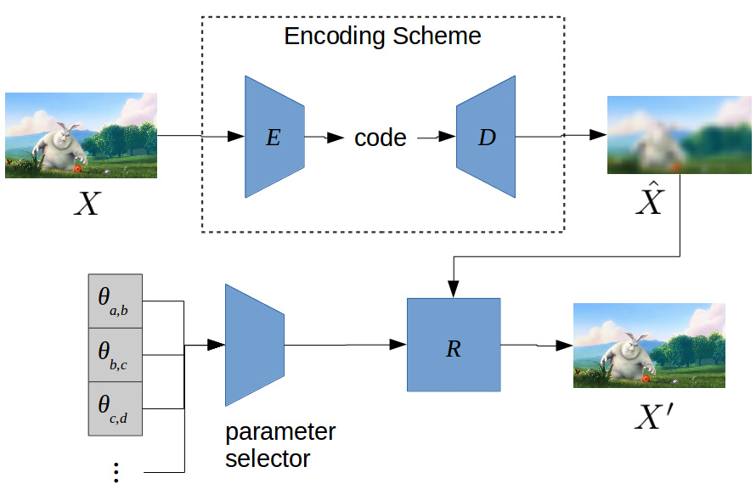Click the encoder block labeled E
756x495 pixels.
click(x=274, y=137)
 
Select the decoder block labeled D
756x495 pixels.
click(x=486, y=137)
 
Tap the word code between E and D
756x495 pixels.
click(x=380, y=138)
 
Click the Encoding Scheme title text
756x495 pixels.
click(x=382, y=37)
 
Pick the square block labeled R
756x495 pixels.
click(x=454, y=344)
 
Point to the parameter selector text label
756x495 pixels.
click(x=279, y=445)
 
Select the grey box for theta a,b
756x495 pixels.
click(x=116, y=301)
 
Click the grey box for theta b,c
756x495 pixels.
click(x=116, y=355)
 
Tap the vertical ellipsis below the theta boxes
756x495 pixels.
click(x=116, y=473)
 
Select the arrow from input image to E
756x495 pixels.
click(x=200, y=137)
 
